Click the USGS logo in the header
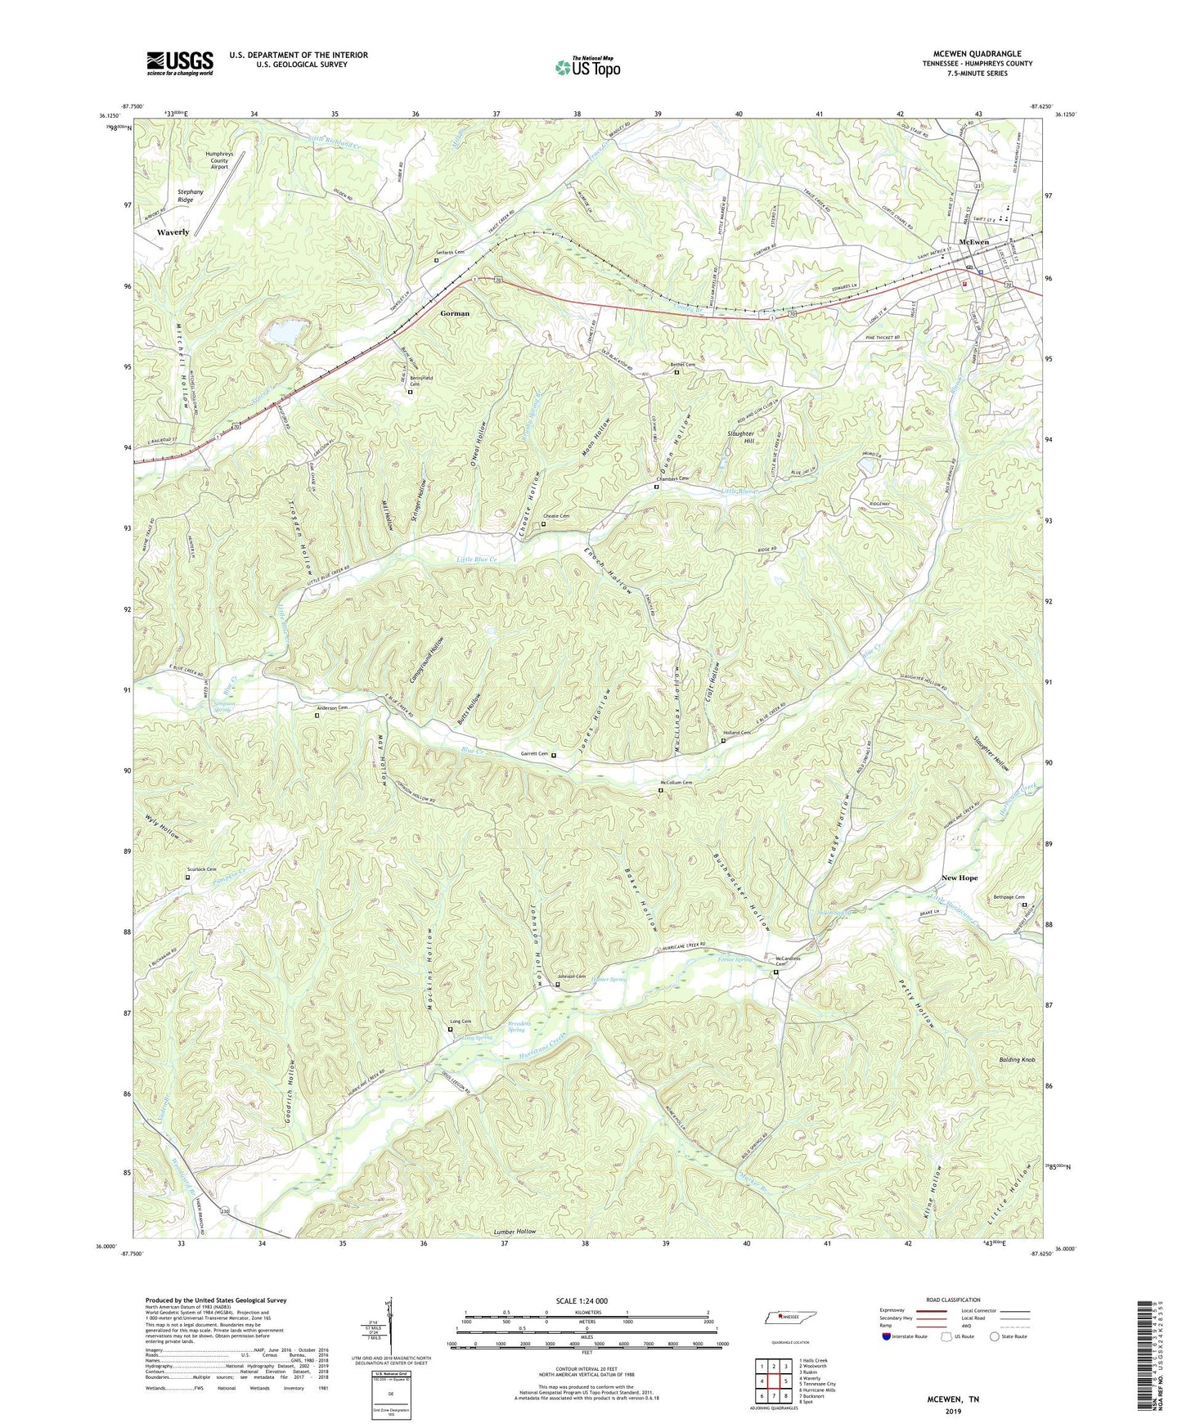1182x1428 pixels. click(180, 63)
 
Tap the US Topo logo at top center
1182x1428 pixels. click(587, 67)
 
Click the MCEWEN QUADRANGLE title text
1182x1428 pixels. click(977, 54)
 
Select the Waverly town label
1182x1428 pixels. click(173, 232)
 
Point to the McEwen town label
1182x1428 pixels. click(973, 242)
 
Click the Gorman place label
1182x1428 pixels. click(455, 313)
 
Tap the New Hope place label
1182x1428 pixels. click(959, 878)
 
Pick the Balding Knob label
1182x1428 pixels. click(1017, 1059)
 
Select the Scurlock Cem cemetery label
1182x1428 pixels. click(200, 869)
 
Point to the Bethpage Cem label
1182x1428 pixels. click(1009, 897)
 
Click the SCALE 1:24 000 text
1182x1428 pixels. click(587, 1301)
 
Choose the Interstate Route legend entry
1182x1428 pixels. click(906, 1336)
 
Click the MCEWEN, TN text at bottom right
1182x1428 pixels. click(952, 1399)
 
